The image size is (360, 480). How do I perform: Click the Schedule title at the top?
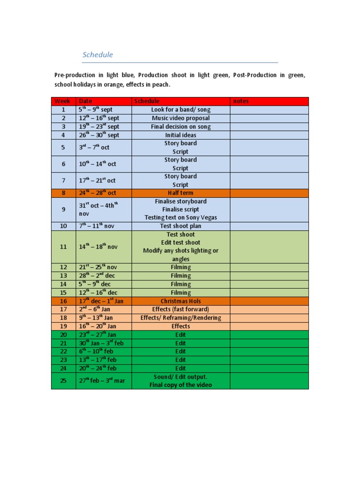click(97, 55)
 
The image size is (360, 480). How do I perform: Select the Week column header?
click(62, 101)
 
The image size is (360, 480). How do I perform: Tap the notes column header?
click(241, 101)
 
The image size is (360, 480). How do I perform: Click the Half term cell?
click(180, 193)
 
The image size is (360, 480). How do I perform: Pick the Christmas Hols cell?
click(180, 301)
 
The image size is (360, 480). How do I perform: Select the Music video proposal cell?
click(180, 118)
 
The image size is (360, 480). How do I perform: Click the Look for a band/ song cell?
click(180, 110)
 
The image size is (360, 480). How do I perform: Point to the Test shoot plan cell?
click(180, 226)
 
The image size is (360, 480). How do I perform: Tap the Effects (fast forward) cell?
click(180, 309)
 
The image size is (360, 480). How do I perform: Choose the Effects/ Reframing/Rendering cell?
click(180, 318)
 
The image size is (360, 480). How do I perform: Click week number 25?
click(63, 381)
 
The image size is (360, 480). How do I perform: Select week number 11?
click(63, 247)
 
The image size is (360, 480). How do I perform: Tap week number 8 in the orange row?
click(63, 193)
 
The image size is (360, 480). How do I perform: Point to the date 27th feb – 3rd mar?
click(102, 381)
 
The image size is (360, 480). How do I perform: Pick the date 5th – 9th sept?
click(96, 110)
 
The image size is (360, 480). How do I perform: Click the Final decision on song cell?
click(180, 127)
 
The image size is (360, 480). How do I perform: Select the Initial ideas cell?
click(180, 135)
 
